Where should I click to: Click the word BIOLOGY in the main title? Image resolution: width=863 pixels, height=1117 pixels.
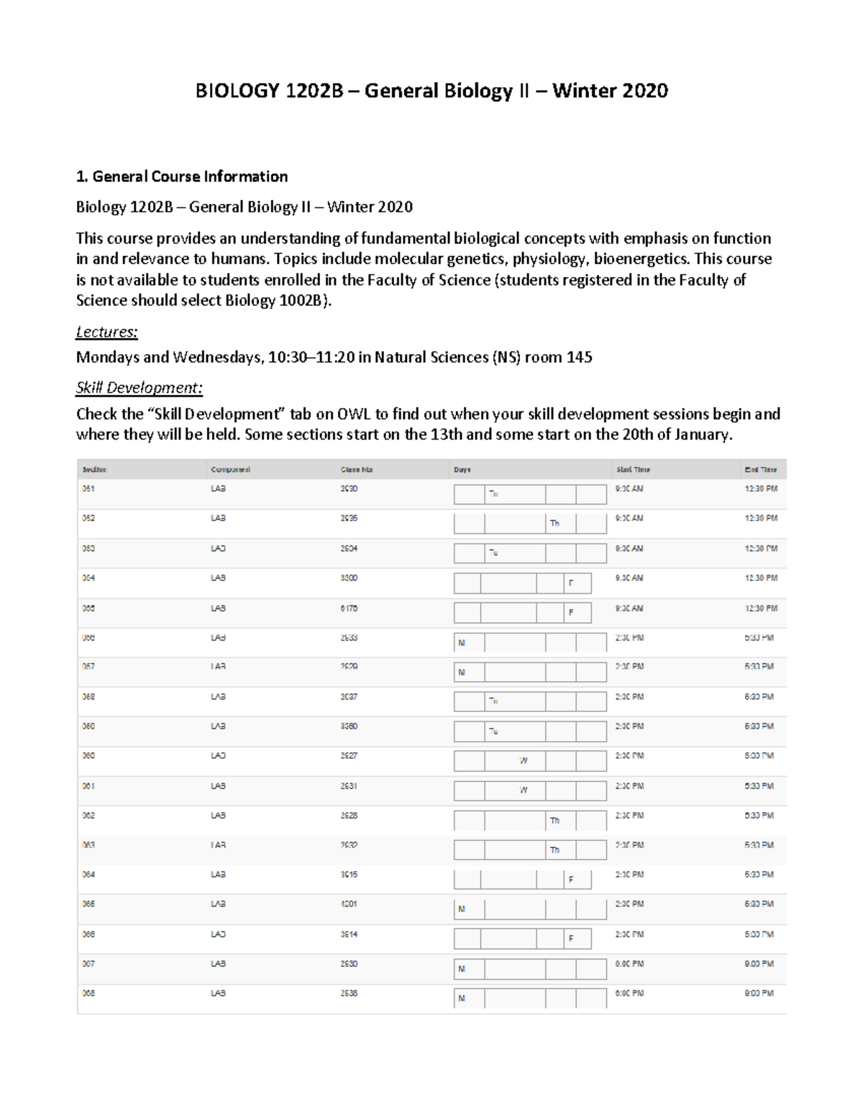pos(237,91)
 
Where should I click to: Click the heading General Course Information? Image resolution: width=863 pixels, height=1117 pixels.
pos(190,177)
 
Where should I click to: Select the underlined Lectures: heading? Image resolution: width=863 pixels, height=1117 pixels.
pos(106,332)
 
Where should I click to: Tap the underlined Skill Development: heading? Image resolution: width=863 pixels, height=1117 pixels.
pos(140,388)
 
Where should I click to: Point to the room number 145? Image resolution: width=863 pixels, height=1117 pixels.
pos(579,357)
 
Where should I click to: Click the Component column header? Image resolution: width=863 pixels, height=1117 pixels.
pos(230,470)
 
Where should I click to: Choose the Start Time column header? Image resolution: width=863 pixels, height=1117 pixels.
pos(632,470)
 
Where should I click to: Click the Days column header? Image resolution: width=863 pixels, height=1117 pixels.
pos(462,470)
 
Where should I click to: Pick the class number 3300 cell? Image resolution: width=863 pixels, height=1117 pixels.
pos(349,578)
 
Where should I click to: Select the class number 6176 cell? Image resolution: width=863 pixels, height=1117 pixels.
pos(349,608)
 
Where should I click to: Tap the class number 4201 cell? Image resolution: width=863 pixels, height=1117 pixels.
pos(349,904)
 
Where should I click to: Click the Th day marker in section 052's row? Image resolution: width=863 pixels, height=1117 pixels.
pos(554,524)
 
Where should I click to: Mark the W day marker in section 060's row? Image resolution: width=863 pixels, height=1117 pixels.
pos(524,761)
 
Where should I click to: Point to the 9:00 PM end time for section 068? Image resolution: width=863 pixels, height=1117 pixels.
pos(759,993)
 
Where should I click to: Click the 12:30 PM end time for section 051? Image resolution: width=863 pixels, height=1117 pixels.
pos(761,489)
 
